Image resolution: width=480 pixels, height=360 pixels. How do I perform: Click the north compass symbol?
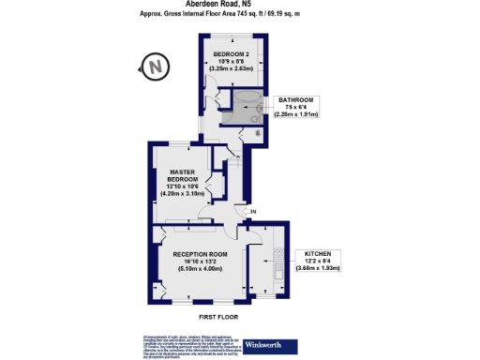[155, 67]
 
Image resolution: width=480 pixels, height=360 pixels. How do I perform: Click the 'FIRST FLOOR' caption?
[217, 317]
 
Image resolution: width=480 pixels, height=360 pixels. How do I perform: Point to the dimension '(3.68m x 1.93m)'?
[318, 269]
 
